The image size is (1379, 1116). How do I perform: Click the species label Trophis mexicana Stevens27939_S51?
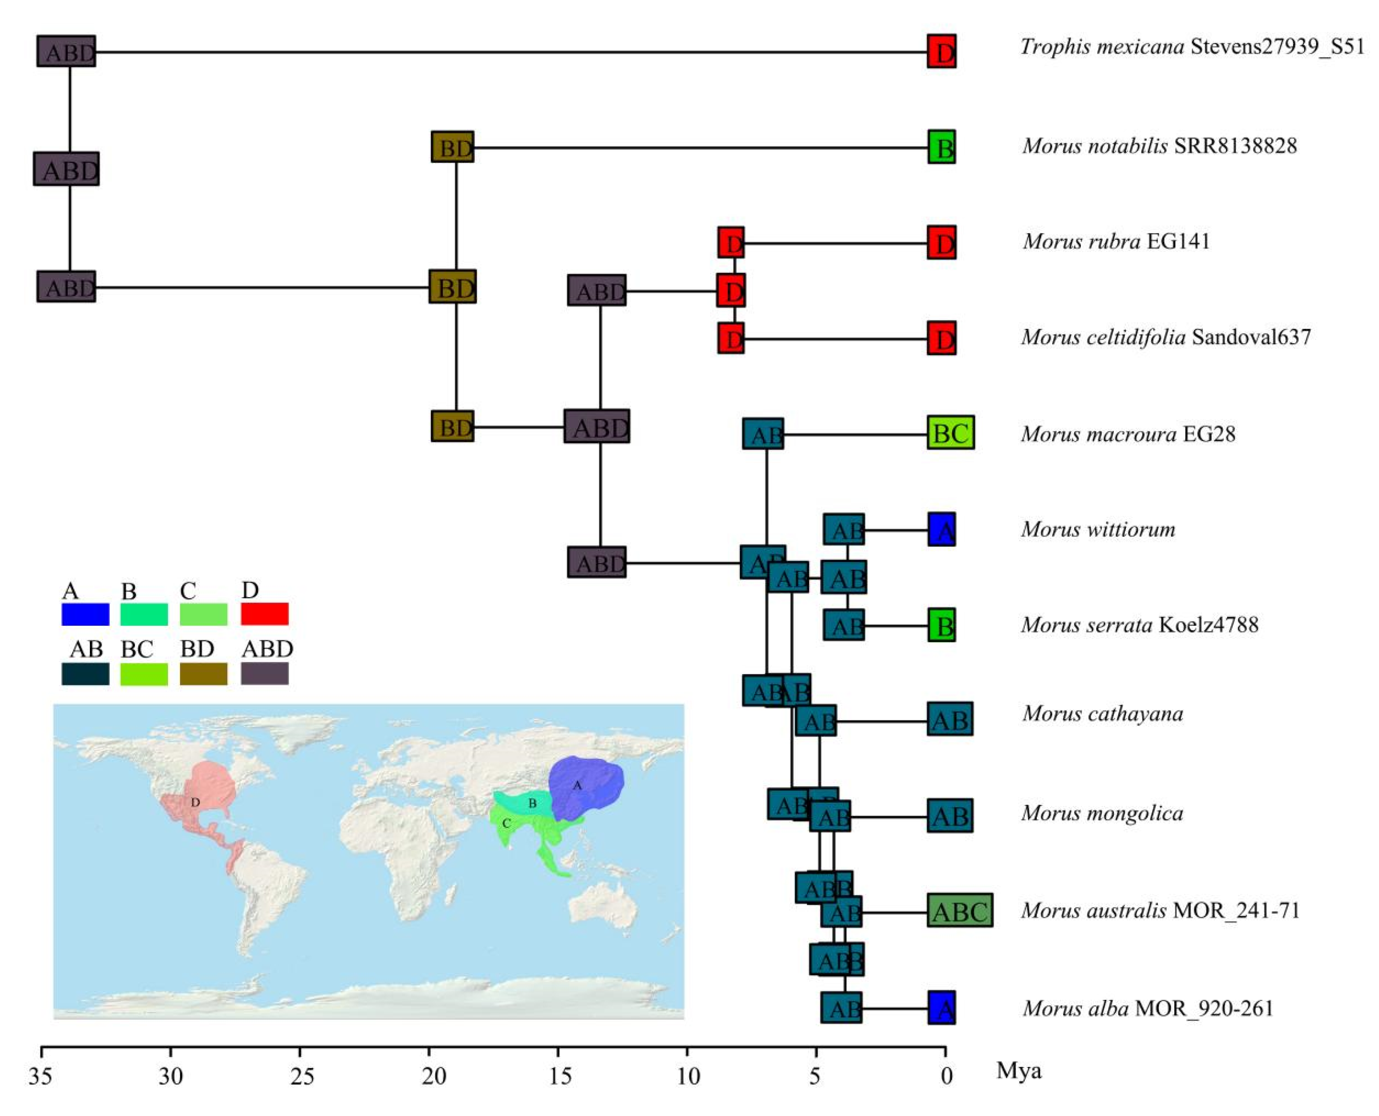[1192, 47]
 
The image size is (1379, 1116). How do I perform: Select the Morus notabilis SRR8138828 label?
[1159, 146]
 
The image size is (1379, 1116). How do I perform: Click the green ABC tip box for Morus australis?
[959, 910]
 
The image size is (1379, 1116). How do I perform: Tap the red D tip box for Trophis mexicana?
[941, 52]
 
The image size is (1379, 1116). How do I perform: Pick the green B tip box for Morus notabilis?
[941, 147]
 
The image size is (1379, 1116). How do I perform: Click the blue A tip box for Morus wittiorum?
[941, 530]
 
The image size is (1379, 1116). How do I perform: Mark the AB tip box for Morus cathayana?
[949, 719]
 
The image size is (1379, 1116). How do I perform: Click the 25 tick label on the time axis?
[300, 1076]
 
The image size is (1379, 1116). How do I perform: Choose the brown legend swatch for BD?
[203, 674]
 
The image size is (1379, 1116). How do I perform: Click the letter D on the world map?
[195, 803]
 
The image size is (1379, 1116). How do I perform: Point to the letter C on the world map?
[507, 824]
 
